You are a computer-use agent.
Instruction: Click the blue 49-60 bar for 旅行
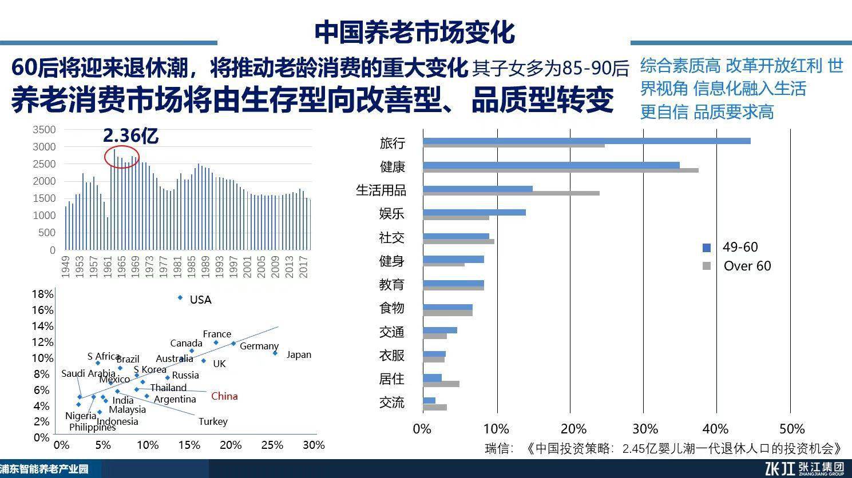pos(587,141)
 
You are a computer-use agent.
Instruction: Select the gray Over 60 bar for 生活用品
pos(511,193)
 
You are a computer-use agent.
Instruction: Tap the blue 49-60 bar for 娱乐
pos(474,213)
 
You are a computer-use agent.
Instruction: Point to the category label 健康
pos(393,167)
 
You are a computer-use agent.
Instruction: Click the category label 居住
pos(392,379)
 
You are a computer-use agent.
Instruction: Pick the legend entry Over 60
pos(747,266)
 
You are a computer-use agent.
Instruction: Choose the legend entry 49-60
pos(740,247)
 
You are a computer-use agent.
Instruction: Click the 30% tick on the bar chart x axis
pos(644,429)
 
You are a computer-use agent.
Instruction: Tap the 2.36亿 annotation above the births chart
pos(130,136)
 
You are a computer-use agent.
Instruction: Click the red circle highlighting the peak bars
pos(121,156)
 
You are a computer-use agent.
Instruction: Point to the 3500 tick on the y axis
pos(44,130)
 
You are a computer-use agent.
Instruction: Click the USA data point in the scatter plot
pos(180,297)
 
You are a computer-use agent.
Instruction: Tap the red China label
pos(224,396)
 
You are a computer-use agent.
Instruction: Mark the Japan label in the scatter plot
pos(299,354)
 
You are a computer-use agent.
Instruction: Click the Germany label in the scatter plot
pos(259,346)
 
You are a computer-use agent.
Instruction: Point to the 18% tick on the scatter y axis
pos(42,294)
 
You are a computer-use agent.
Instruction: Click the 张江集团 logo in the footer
pos(805,468)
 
